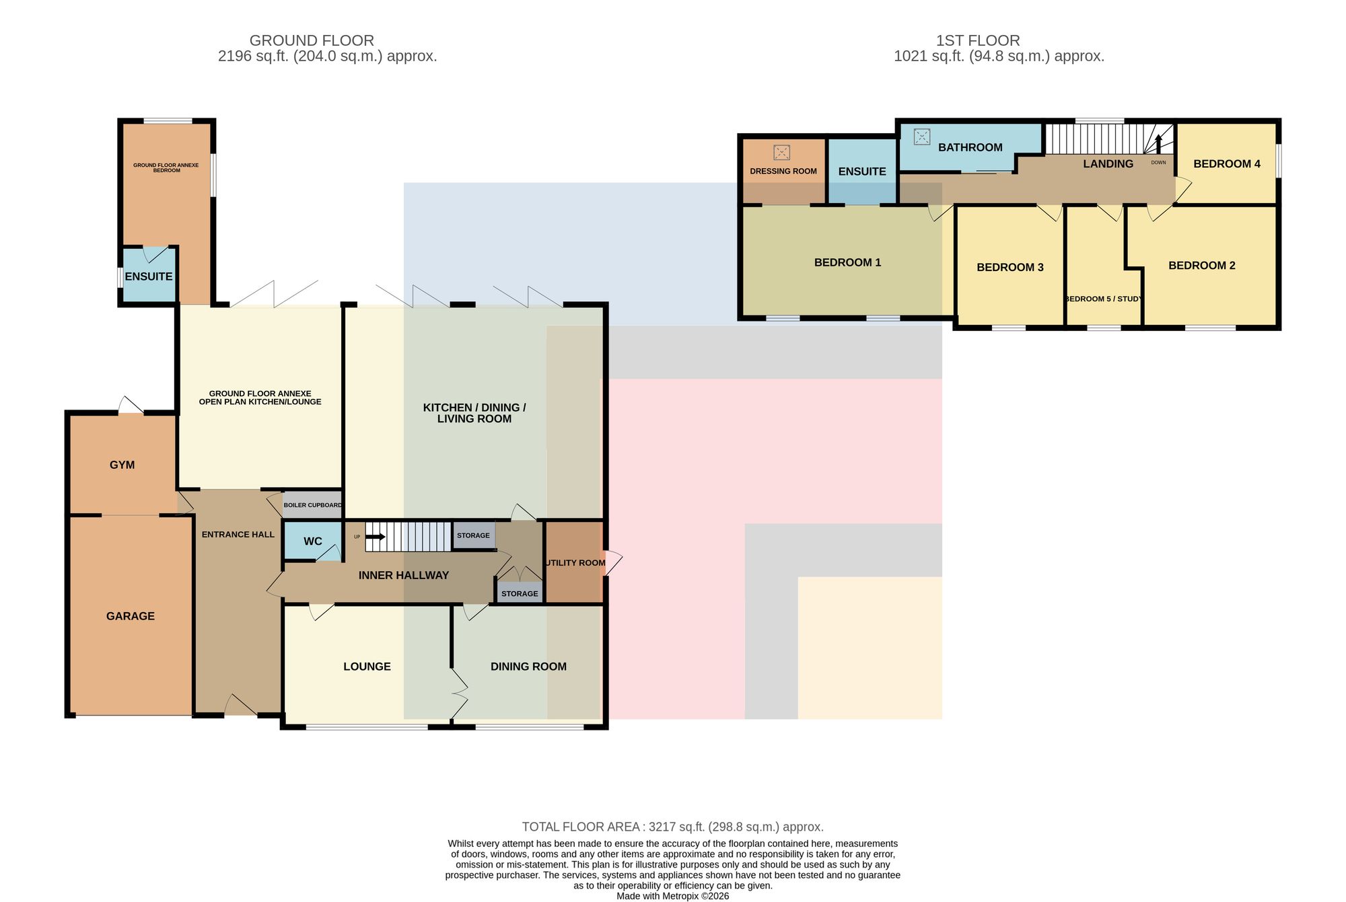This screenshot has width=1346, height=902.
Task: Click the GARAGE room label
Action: click(x=131, y=616)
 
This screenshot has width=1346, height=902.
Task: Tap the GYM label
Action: click(x=122, y=465)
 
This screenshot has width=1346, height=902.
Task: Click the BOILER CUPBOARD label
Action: click(x=312, y=505)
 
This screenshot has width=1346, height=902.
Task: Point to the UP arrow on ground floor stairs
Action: click(x=375, y=537)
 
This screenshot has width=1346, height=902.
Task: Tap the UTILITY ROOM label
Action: click(x=575, y=563)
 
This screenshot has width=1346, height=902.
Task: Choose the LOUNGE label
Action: click(x=367, y=667)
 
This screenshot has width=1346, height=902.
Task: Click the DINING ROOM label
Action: click(x=528, y=667)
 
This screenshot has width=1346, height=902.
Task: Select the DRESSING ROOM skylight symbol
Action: click(x=781, y=152)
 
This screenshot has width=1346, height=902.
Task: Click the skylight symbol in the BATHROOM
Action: click(x=921, y=137)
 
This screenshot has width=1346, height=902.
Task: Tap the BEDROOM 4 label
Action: click(x=1227, y=163)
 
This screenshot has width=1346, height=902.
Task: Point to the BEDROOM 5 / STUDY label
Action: click(x=1103, y=299)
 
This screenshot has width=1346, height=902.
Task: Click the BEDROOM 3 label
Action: click(x=1010, y=267)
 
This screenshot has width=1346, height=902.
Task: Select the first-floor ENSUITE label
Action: click(x=862, y=172)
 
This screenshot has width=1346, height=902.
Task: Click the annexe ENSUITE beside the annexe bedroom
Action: click(x=149, y=276)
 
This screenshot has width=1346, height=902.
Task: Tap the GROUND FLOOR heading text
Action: click(x=312, y=40)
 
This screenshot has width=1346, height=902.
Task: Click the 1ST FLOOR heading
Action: click(x=978, y=40)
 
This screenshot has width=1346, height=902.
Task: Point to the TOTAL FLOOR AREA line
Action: click(x=673, y=827)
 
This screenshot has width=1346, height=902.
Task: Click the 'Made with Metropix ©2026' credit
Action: click(x=673, y=896)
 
